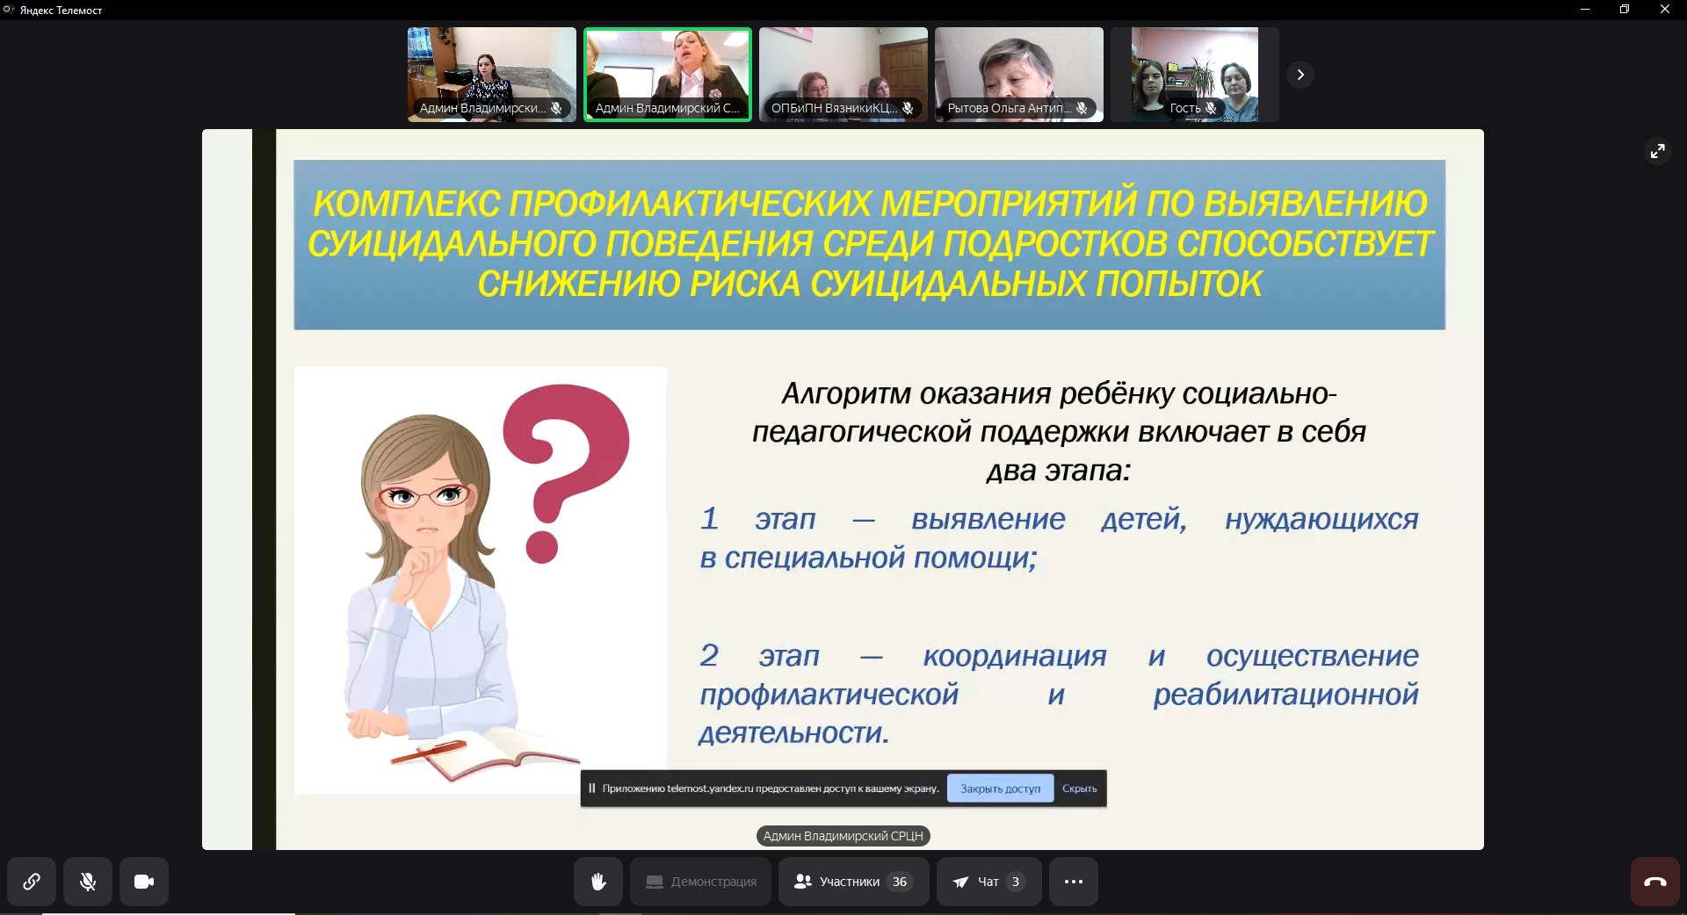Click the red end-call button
1655,882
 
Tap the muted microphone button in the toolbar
88,882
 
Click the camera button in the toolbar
144,882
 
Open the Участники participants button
853,882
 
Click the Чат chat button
989,882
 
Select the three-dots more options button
1074,882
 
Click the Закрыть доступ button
1000,789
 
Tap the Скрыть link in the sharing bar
1079,789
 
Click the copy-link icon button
32,882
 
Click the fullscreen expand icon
1657,151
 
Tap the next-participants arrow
1300,75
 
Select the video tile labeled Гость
1195,75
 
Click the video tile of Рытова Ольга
1019,75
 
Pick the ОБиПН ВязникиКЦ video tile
843,75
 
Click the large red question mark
562,465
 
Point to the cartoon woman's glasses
425,497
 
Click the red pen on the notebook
429,752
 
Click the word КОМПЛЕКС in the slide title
407,204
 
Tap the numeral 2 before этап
709,655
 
